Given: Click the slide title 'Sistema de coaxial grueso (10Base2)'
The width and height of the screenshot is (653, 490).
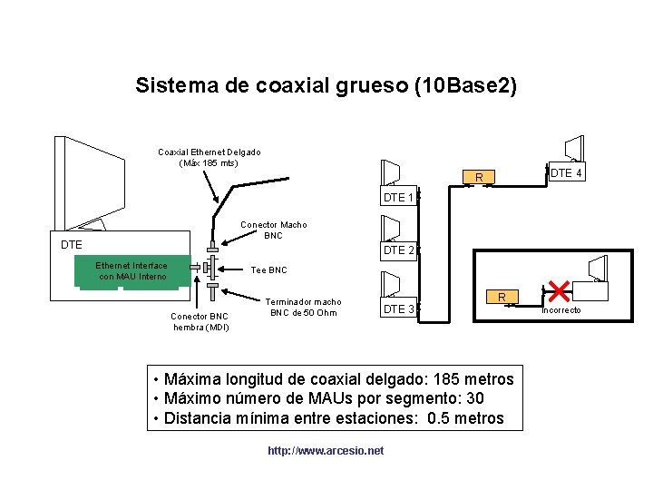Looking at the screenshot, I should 326,86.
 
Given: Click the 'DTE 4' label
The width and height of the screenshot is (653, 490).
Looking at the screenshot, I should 567,172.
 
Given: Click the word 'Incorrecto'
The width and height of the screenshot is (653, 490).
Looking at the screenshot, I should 562,311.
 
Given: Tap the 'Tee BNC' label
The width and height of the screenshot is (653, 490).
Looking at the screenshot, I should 268,270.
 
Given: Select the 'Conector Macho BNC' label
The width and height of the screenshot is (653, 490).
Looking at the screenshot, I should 273,230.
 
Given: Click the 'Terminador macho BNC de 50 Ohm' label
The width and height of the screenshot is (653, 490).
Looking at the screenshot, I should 304,308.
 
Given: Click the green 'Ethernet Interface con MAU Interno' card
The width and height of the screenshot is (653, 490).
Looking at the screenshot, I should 132,270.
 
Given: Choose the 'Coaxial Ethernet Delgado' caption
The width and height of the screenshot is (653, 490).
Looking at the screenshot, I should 209,158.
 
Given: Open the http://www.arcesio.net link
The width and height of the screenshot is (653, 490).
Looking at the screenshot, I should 326,450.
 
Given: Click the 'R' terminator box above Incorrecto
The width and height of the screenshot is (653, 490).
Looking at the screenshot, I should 501,297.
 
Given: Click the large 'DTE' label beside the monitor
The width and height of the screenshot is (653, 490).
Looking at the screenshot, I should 71,245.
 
